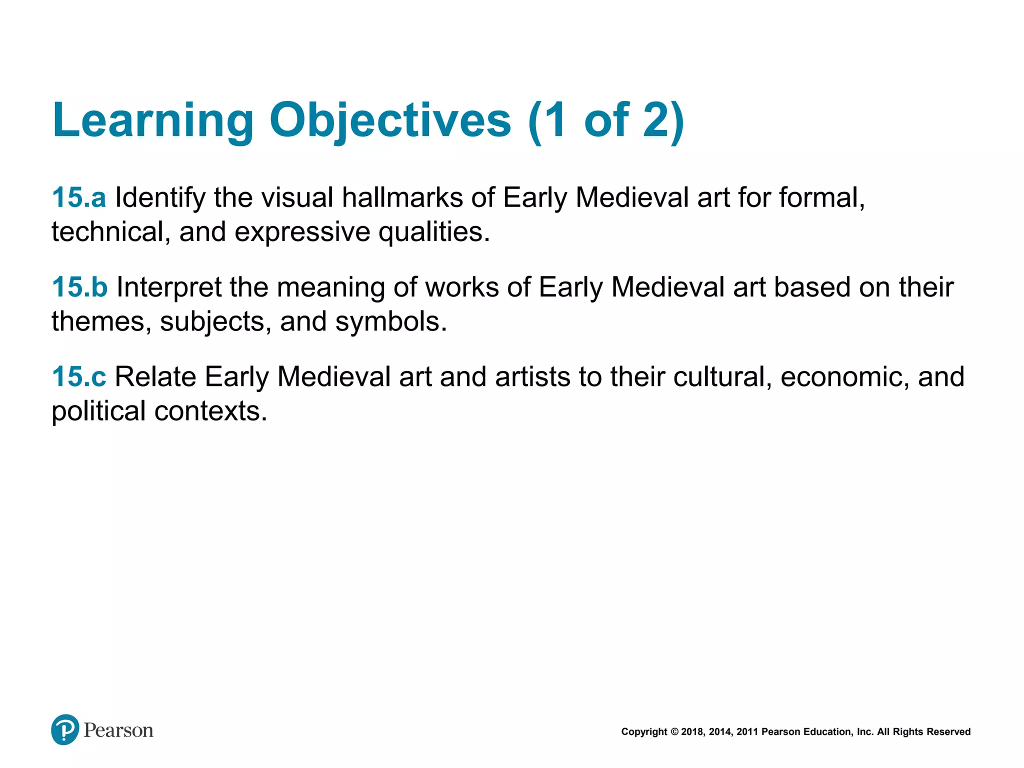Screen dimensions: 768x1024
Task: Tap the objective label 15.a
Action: tap(79, 197)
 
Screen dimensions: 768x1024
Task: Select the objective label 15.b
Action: tap(79, 287)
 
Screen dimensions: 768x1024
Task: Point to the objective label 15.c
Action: tap(79, 376)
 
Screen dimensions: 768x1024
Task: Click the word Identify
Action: tap(160, 198)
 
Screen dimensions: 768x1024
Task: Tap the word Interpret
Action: tap(169, 288)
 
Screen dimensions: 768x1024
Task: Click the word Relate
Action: tap(155, 376)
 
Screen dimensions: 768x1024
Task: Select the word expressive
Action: tap(302, 232)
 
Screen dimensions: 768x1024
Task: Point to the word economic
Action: tap(844, 376)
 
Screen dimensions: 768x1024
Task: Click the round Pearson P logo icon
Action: tap(65, 729)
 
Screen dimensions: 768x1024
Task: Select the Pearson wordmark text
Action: tap(118, 730)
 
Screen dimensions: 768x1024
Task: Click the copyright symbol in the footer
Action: tap(674, 732)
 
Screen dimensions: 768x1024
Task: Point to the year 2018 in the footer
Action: tap(692, 732)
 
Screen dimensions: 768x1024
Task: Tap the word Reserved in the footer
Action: tap(948, 732)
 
